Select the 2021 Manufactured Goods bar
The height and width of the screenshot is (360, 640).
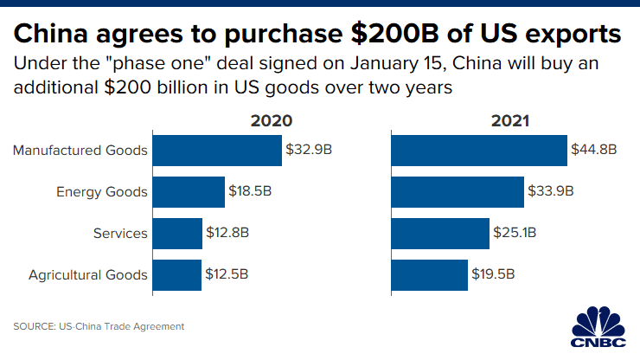click(x=479, y=150)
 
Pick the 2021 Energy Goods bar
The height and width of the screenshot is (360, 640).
click(x=458, y=191)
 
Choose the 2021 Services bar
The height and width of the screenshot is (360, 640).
click(x=440, y=233)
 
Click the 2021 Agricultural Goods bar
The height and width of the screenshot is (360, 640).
click(x=429, y=275)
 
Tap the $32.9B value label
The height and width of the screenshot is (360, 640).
click(x=310, y=150)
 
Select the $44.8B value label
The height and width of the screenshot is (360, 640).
click(x=594, y=150)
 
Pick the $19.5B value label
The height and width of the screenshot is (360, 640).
click(x=494, y=275)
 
